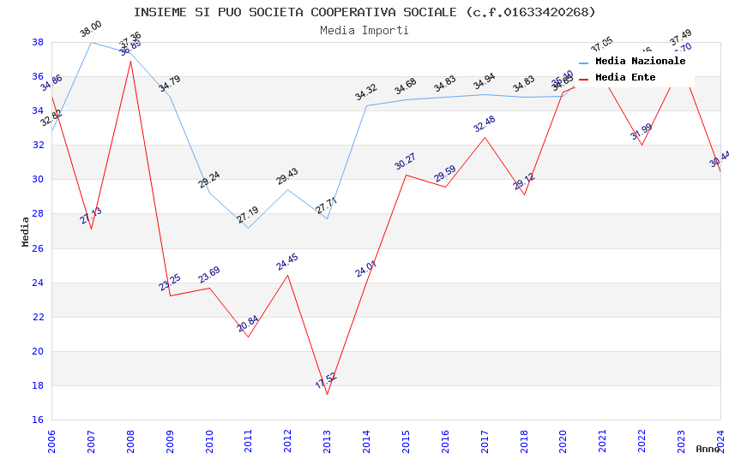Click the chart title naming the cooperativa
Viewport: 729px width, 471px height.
click(x=364, y=12)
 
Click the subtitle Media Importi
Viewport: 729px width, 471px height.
click(x=364, y=30)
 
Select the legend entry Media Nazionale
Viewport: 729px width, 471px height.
click(x=640, y=62)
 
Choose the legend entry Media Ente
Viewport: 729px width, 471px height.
click(x=625, y=78)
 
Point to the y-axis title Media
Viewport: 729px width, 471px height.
click(x=26, y=231)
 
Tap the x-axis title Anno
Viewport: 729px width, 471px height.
click(x=708, y=449)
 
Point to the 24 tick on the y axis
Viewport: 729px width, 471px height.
click(x=38, y=283)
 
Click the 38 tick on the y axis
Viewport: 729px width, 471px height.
click(x=38, y=42)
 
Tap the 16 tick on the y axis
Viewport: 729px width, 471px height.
click(x=38, y=420)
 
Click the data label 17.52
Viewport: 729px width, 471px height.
click(x=327, y=381)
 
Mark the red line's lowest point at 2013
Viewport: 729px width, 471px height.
click(x=327, y=394)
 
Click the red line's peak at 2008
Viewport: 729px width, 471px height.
click(x=130, y=61)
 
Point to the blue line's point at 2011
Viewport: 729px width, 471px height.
click(x=249, y=228)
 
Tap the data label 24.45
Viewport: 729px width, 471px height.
click(x=287, y=262)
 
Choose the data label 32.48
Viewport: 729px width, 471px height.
click(x=485, y=124)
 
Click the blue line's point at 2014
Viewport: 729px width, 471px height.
click(x=366, y=105)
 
